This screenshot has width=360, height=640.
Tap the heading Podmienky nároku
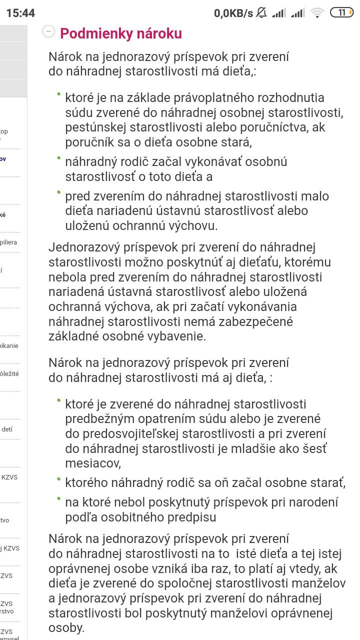(120, 33)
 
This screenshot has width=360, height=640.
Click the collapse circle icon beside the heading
(48, 31)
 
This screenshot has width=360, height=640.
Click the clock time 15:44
(20, 13)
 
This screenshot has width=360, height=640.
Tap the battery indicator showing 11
(341, 12)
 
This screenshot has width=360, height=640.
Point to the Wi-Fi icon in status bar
(317, 13)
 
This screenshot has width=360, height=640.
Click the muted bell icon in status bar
(261, 13)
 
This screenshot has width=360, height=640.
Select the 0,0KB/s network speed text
(233, 13)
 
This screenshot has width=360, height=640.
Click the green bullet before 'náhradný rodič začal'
(58, 158)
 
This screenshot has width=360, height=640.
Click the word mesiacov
(92, 463)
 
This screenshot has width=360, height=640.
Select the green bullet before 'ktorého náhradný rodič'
(58, 479)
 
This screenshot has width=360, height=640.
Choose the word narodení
(311, 502)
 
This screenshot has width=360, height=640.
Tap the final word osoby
(66, 627)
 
